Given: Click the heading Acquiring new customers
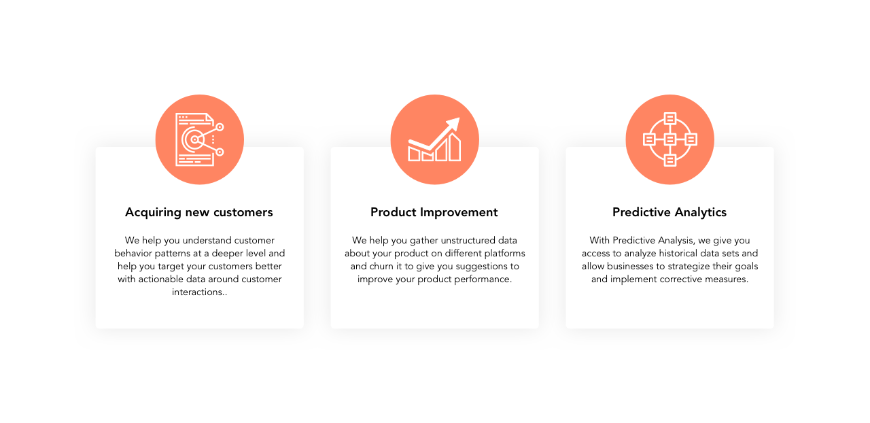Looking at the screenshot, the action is click(199, 213).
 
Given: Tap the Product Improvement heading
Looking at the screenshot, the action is click(434, 212).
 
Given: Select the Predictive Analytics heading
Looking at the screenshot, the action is click(669, 212).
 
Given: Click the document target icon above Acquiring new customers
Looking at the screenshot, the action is click(200, 139).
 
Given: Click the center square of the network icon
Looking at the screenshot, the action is click(669, 139).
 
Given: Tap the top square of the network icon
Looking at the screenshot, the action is click(669, 118).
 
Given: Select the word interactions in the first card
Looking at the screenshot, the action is click(197, 292).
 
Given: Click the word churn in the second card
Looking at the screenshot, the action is click(381, 267).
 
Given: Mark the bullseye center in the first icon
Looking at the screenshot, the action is click(194, 139).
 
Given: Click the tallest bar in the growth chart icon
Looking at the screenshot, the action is click(455, 147).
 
